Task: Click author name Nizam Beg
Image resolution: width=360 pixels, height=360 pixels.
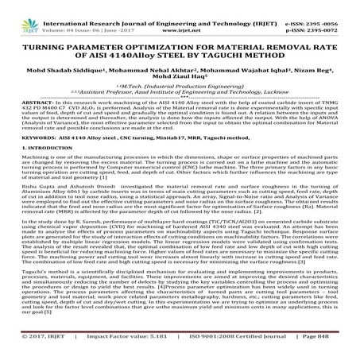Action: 302,60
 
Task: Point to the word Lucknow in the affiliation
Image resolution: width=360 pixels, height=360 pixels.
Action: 287,91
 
